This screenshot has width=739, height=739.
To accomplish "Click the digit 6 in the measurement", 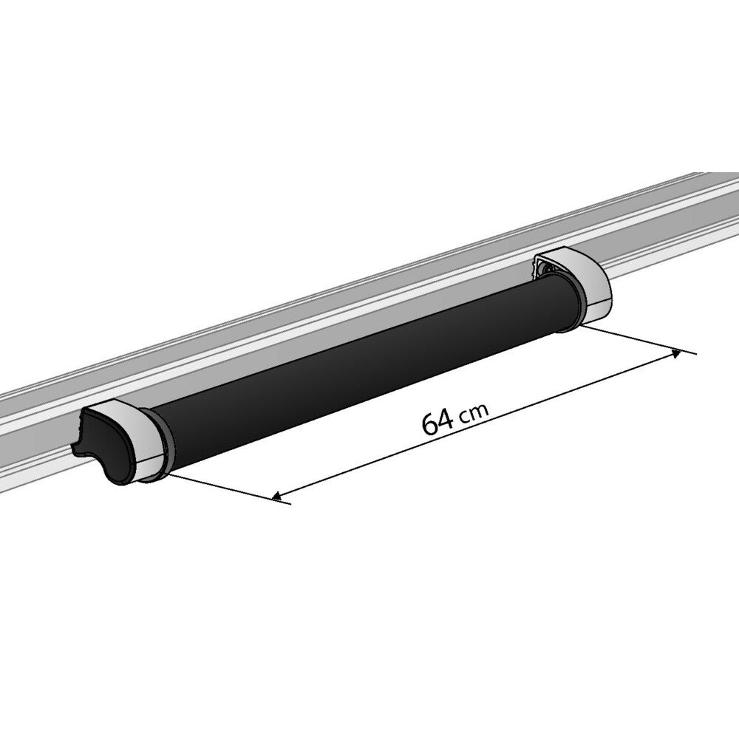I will (x=429, y=423).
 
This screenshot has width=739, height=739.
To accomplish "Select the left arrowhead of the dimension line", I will (x=278, y=497).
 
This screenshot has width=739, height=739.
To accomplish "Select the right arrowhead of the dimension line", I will (x=675, y=354).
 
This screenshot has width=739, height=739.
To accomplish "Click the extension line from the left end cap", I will (x=222, y=488).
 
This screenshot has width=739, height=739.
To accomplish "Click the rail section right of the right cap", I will (x=665, y=244).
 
